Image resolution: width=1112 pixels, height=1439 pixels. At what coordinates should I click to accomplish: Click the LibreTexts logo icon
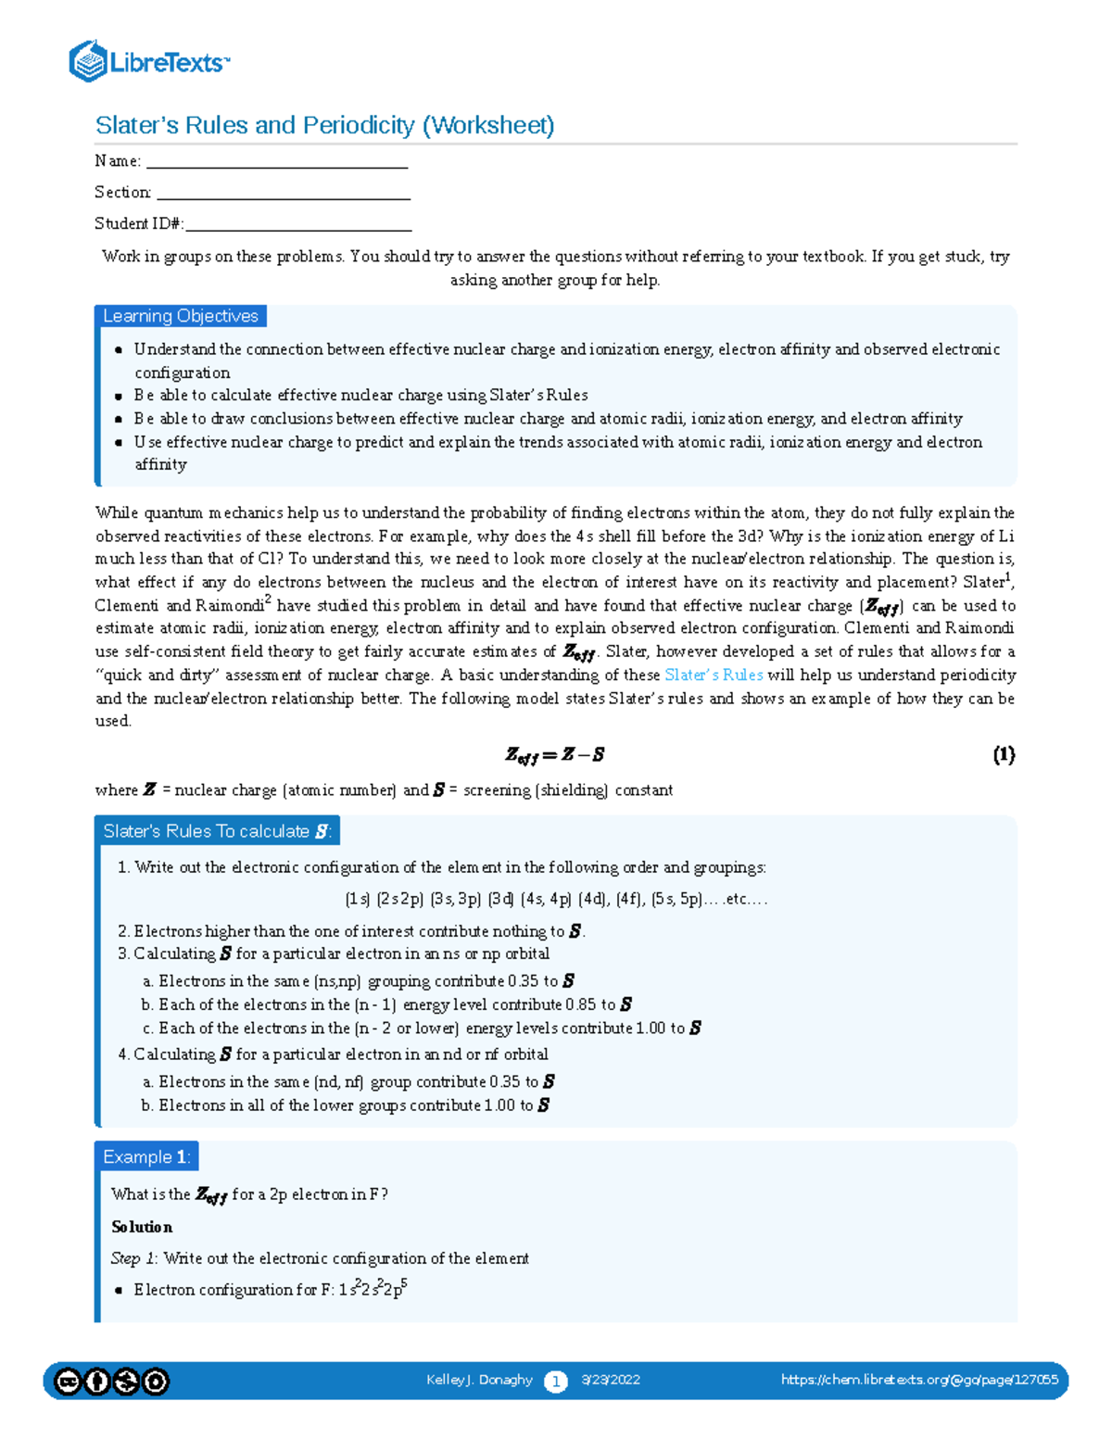(x=88, y=61)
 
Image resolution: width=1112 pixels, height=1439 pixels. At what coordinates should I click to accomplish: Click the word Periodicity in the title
(x=358, y=125)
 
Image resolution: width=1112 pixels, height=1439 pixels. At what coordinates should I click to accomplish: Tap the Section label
(x=122, y=192)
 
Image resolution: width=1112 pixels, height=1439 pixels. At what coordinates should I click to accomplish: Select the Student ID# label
(x=139, y=223)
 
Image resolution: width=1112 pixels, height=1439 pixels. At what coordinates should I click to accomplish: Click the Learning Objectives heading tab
(x=181, y=316)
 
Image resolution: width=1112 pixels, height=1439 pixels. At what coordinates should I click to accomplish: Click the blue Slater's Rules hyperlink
(x=714, y=675)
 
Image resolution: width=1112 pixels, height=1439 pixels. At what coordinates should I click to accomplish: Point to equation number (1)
(x=1004, y=754)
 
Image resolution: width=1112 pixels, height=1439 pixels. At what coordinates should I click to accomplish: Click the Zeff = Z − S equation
(x=554, y=755)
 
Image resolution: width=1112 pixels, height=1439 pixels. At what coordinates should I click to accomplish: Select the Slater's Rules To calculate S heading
(x=217, y=831)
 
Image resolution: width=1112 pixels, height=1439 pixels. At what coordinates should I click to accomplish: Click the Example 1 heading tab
(x=146, y=1156)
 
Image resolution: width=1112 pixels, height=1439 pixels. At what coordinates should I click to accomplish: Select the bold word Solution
(x=142, y=1227)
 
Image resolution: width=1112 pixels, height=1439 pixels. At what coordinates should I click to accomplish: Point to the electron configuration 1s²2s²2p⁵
(x=373, y=1289)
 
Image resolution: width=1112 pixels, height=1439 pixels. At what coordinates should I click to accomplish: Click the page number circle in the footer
(x=555, y=1382)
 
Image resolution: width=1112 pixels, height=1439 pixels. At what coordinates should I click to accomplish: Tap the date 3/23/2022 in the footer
(x=611, y=1380)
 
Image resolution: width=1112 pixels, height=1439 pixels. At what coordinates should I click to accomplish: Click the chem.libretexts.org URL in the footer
(x=919, y=1380)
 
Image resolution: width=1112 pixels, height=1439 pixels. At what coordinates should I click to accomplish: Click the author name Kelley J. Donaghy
(x=479, y=1380)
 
